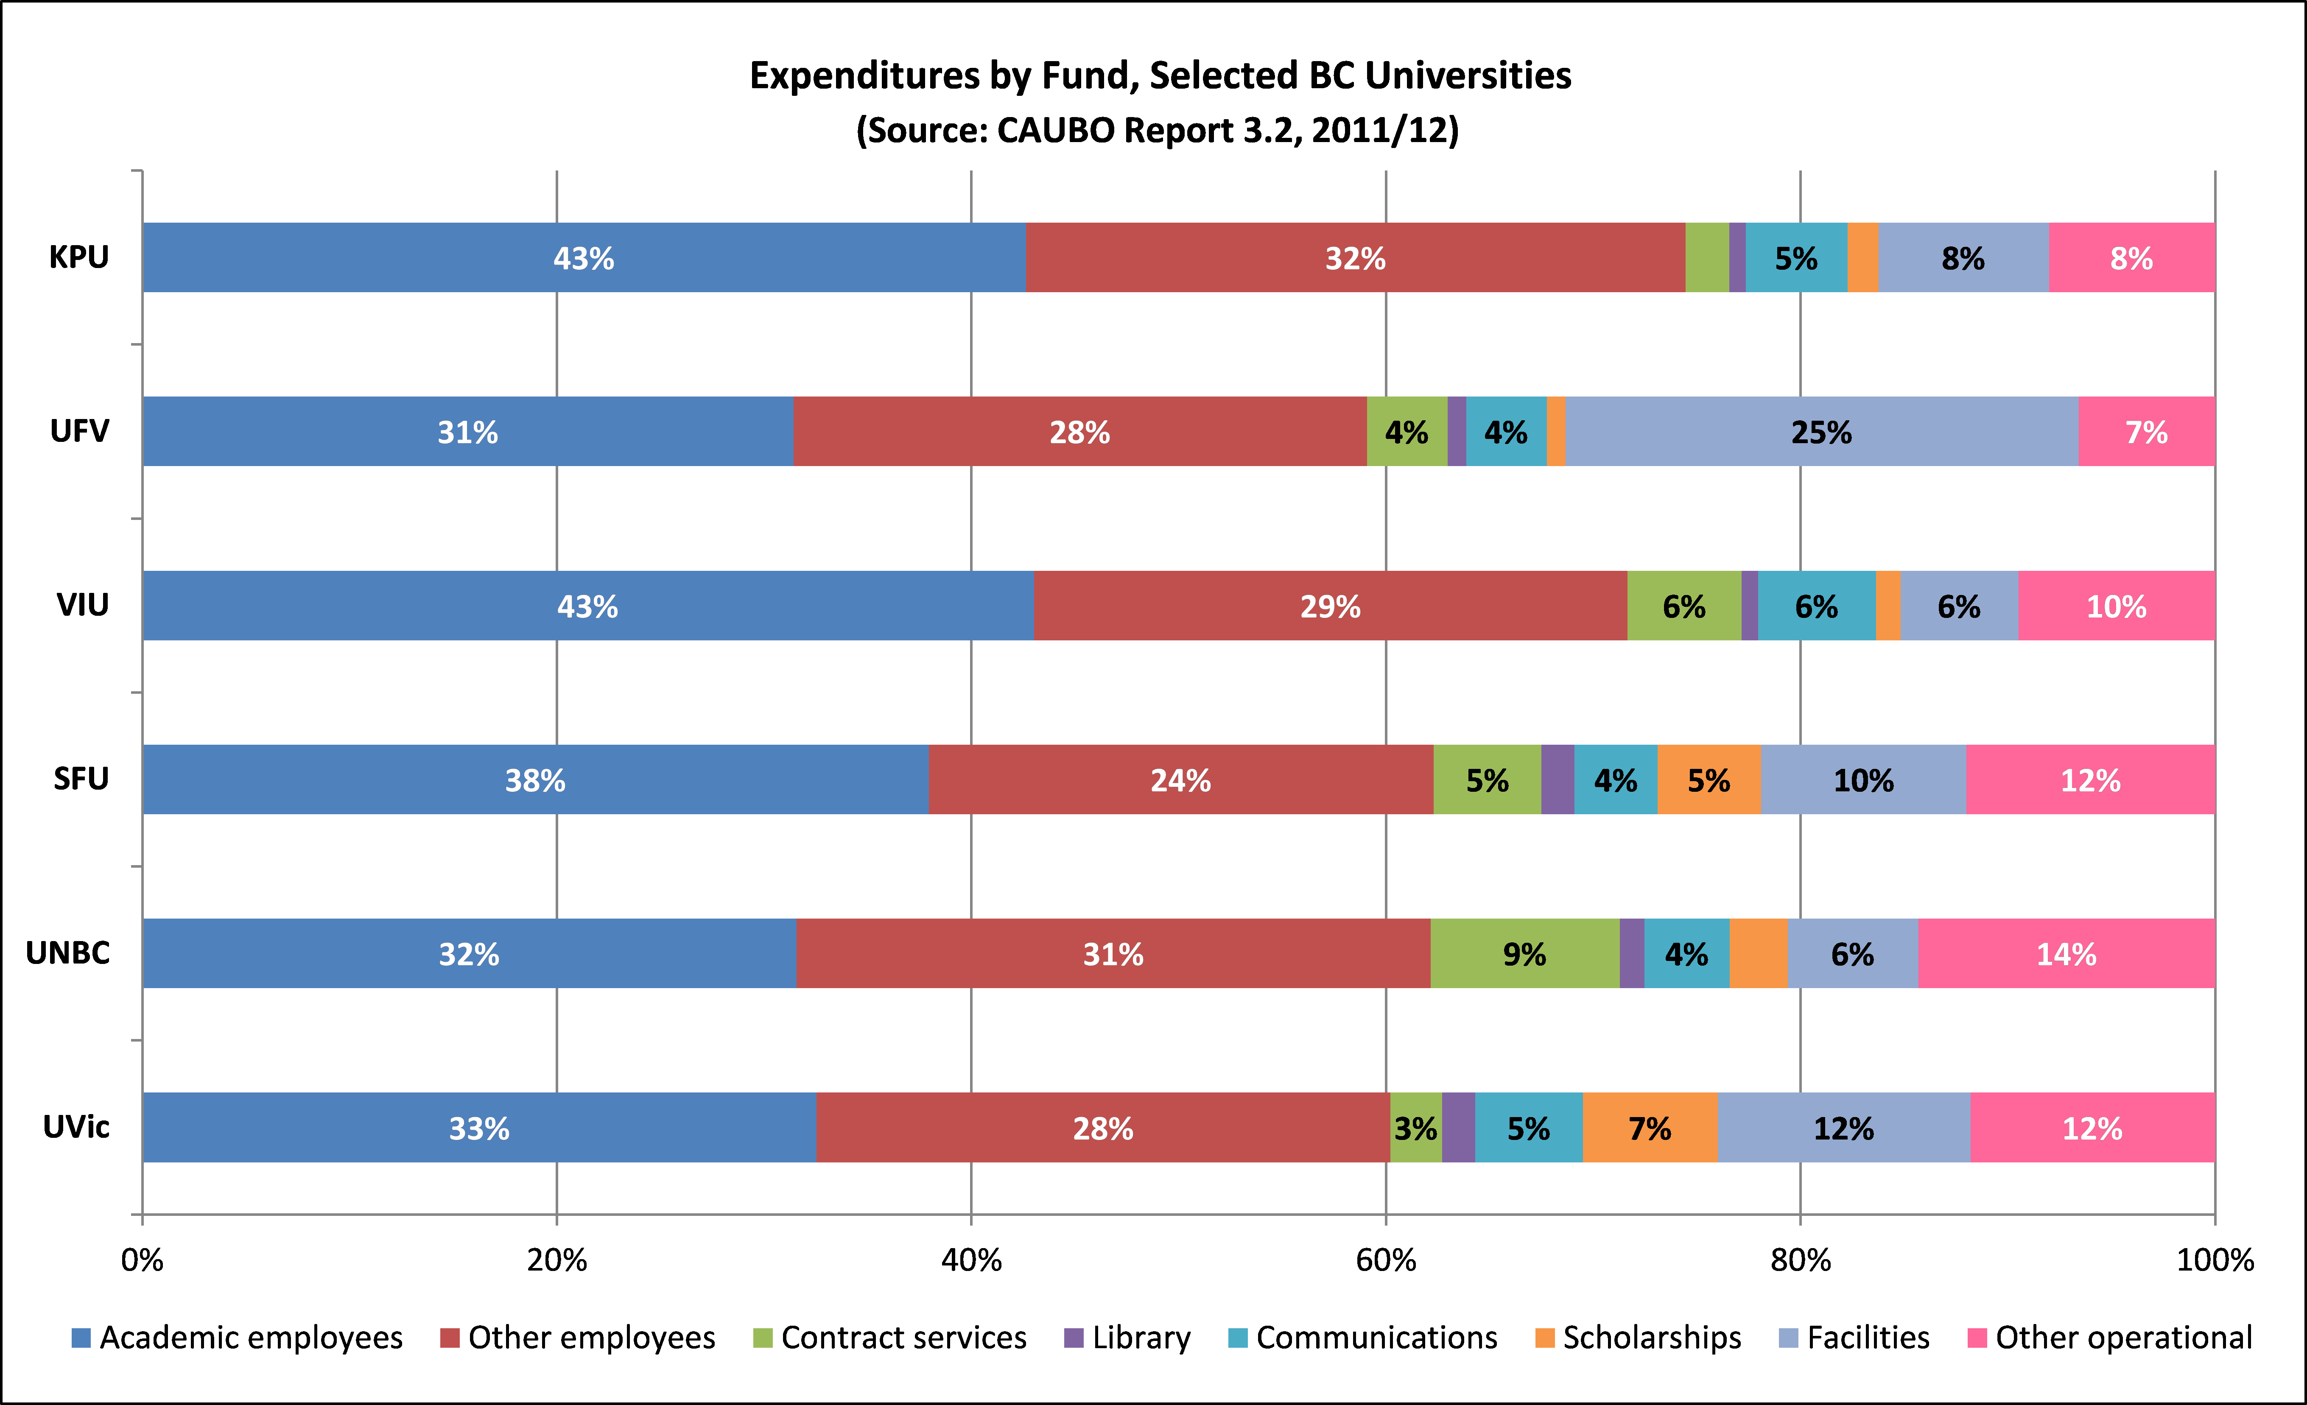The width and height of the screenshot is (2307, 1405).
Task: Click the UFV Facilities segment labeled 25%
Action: [1821, 432]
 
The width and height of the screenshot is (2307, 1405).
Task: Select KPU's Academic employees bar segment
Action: [583, 257]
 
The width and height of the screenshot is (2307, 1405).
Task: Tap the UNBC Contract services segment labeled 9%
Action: [1524, 954]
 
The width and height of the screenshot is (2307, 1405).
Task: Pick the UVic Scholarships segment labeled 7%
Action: [1650, 1128]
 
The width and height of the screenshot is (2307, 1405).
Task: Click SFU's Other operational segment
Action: [2090, 780]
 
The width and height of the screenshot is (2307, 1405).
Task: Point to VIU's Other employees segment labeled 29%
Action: [1329, 606]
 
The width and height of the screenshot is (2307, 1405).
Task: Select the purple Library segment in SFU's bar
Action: [1557, 780]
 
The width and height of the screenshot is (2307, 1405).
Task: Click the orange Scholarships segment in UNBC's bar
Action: [1758, 954]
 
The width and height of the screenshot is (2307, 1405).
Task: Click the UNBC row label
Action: [67, 953]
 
